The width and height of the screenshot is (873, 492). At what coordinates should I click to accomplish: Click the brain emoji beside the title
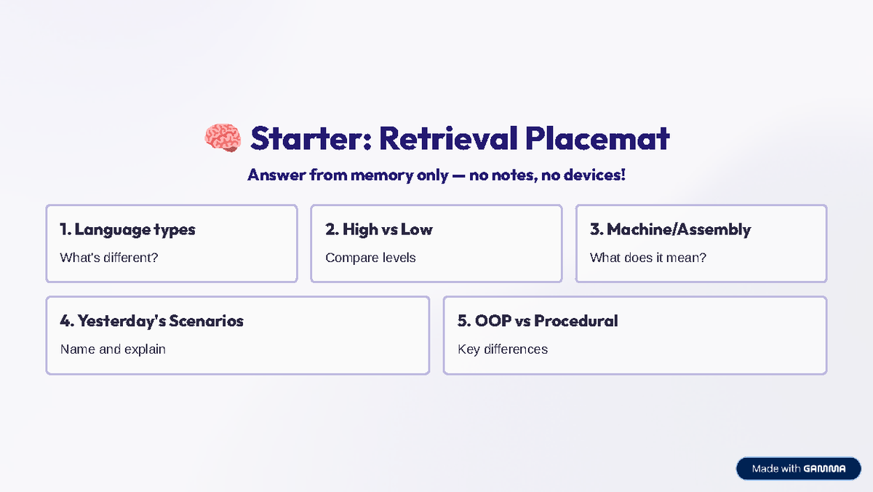coord(223,138)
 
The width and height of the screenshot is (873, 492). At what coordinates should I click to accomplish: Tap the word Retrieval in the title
coord(449,138)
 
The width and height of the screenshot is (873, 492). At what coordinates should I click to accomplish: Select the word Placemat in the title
coord(597,138)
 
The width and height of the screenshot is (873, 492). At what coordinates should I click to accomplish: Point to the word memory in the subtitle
coord(382,175)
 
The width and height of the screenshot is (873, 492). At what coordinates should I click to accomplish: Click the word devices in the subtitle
coord(595,175)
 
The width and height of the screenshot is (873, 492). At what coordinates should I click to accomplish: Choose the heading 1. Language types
coord(127,230)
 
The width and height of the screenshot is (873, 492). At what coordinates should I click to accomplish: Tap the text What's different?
coord(109,258)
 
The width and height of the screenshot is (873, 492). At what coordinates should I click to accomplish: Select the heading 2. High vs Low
coord(379,229)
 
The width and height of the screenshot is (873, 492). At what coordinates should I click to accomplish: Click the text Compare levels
coord(370,258)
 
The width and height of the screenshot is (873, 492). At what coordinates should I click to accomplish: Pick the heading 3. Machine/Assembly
coord(670,229)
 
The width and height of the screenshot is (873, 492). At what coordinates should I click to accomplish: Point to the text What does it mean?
coord(648,258)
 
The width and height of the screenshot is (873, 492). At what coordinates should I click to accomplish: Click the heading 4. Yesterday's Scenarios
coord(151,321)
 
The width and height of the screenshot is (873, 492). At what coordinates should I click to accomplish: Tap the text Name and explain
coord(113,349)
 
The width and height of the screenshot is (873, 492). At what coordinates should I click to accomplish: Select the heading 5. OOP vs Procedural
coord(538,321)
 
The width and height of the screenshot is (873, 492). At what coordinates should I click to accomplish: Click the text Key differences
coord(503,349)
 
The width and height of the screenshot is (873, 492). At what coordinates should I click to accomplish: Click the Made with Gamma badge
coord(799,468)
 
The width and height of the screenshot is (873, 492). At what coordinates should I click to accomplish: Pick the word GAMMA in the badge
coord(825,469)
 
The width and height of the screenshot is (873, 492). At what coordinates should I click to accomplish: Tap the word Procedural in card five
coord(576,321)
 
